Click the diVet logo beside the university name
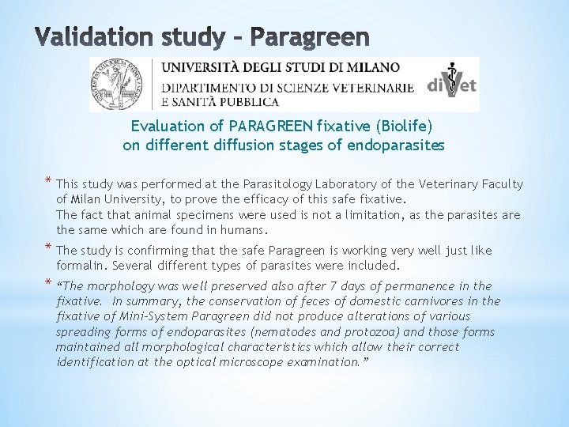tap(452, 84)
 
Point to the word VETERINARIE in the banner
tap(368, 88)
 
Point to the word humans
tap(244, 230)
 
